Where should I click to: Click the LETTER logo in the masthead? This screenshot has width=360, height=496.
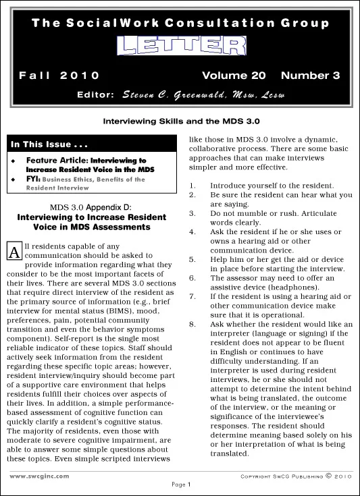click(180, 46)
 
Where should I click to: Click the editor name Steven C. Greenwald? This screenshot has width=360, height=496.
click(203, 94)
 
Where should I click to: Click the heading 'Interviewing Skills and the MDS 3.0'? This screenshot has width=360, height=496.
click(180, 121)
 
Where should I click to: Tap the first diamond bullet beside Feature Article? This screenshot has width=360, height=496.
click(14, 161)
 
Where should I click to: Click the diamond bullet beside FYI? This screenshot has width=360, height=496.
click(14, 180)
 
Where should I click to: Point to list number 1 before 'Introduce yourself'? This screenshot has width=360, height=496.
click(192, 185)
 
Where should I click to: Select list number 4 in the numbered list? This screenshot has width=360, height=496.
click(192, 231)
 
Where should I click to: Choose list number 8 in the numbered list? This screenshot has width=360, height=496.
click(192, 324)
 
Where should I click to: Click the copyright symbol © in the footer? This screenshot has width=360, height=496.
click(329, 475)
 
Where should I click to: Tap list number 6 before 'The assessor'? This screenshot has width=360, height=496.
click(192, 277)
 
